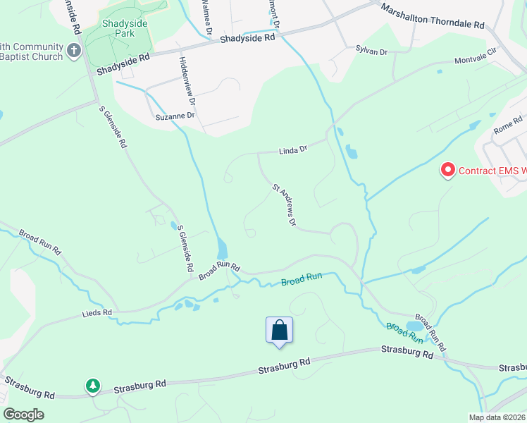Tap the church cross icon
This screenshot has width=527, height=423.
click(x=75, y=50)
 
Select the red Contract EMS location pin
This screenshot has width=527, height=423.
click(x=447, y=170)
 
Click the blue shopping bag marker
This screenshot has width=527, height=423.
click(x=279, y=330)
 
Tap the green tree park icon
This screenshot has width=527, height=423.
click(x=92, y=386)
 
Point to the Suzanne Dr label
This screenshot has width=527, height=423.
click(x=175, y=115)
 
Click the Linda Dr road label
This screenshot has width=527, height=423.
click(x=293, y=149)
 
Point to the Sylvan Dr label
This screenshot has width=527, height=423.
click(x=372, y=51)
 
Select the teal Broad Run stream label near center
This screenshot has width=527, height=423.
click(x=302, y=280)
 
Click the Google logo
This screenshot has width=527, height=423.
click(x=23, y=415)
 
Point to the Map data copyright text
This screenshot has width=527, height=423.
click(x=497, y=417)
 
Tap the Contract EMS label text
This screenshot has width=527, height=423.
click(x=492, y=171)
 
